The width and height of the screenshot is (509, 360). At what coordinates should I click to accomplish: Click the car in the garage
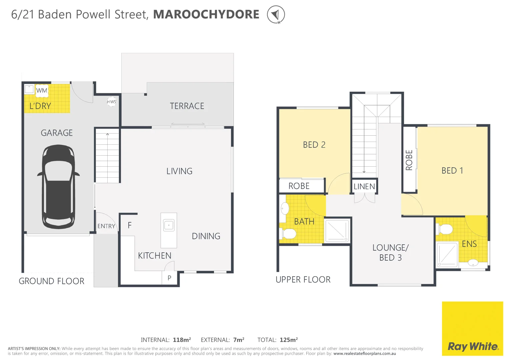click(x=58, y=187)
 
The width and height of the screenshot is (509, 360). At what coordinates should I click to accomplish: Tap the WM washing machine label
click(x=42, y=90)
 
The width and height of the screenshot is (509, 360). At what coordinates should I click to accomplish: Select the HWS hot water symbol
click(x=112, y=102)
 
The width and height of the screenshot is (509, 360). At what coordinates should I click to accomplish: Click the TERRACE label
click(x=187, y=106)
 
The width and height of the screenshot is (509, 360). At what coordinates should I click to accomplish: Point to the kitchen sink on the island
click(x=169, y=225)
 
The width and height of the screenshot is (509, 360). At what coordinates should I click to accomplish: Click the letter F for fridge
click(x=130, y=225)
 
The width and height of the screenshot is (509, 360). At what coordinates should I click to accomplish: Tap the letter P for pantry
click(x=169, y=278)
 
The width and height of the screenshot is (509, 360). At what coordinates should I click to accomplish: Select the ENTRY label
click(x=106, y=226)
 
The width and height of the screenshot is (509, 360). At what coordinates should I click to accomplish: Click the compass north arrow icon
click(x=276, y=15)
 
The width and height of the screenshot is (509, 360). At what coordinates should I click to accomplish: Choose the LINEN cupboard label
click(x=364, y=186)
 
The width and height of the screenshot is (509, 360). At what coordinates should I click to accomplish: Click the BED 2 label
click(x=314, y=145)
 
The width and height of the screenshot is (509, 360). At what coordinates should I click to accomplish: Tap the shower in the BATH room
click(x=337, y=230)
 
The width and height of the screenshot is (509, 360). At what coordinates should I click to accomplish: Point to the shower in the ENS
click(x=447, y=255)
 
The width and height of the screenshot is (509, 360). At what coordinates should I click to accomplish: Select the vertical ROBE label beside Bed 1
click(x=409, y=160)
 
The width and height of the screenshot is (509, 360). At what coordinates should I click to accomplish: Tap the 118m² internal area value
click(x=182, y=340)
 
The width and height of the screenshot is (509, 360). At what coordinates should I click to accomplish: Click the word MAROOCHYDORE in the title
click(x=206, y=14)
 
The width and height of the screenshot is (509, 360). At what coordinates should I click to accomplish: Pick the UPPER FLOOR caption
click(x=303, y=279)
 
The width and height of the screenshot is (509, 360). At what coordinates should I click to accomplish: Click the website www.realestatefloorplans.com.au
click(x=364, y=354)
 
